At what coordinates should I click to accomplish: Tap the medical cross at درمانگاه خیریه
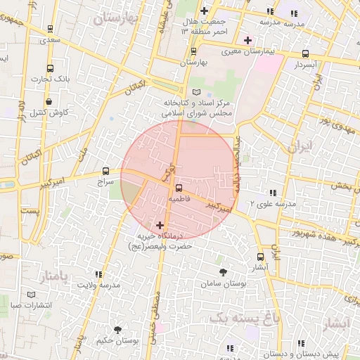click(x=161, y=225)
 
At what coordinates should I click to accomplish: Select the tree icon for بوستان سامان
click(x=223, y=271)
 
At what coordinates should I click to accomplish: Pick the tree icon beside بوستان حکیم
click(x=117, y=329)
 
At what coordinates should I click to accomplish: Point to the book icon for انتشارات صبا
click(x=30, y=295)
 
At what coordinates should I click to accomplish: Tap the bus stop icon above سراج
click(x=105, y=170)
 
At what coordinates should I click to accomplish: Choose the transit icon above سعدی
click(x=50, y=30)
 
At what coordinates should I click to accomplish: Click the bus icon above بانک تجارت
click(x=50, y=68)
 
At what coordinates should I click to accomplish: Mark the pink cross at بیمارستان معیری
click(x=247, y=40)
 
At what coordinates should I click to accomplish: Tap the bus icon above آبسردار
click(x=305, y=53)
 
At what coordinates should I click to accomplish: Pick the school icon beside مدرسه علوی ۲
click(x=272, y=192)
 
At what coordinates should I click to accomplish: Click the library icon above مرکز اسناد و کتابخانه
click(x=196, y=93)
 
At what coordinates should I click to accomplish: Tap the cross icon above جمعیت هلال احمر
click(x=204, y=11)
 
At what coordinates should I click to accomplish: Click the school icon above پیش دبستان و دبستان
click(x=301, y=343)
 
